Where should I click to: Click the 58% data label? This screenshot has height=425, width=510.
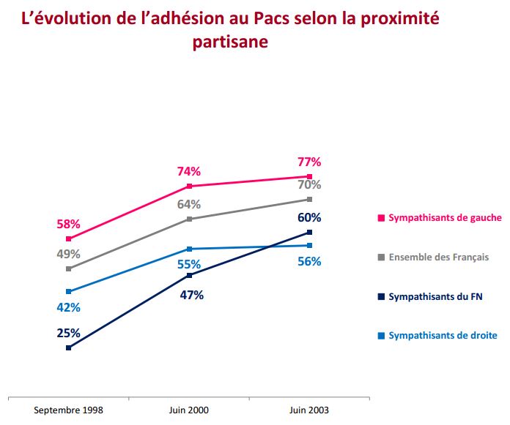(68, 225)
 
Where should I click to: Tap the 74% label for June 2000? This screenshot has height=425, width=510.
(189, 172)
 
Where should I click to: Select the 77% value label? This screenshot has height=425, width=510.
(309, 162)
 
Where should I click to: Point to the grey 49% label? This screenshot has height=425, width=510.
(68, 255)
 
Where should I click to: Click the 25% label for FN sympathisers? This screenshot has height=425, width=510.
(68, 333)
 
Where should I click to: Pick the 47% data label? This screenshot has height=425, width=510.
(191, 296)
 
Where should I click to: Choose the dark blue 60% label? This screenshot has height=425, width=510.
(309, 217)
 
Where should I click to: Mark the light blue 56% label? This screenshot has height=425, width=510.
(309, 261)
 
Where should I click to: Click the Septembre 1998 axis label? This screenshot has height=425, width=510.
(68, 410)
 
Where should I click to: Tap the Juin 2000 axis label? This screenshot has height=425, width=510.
(189, 410)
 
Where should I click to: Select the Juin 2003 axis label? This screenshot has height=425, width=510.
(309, 410)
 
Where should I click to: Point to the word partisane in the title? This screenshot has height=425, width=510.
(230, 42)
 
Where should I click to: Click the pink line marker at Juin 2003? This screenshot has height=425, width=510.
(309, 176)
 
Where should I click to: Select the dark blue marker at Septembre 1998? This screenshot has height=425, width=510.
(68, 347)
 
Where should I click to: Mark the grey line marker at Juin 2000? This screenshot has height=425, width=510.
(189, 219)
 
